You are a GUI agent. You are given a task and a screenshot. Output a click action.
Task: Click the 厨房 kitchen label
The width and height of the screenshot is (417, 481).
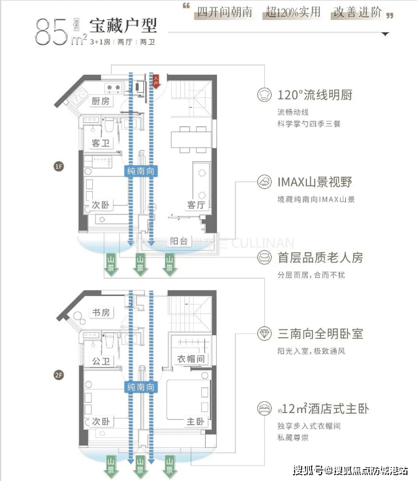tap(100, 102)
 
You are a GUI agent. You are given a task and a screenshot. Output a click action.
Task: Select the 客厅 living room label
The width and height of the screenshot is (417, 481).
tap(196, 204)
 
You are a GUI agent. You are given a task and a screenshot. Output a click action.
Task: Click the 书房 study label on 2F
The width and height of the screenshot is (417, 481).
tap(100, 313)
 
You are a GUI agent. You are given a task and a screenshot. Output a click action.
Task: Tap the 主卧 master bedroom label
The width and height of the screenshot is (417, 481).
tap(196, 422)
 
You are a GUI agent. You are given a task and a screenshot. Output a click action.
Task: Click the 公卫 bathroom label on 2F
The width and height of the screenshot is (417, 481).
tap(100, 360)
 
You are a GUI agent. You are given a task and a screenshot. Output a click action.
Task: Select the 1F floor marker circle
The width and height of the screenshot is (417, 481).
tap(59, 166)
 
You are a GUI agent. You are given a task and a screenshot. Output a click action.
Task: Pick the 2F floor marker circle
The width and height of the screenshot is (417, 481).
tap(59, 375)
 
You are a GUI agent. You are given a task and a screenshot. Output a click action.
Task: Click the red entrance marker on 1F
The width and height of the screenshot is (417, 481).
tap(156, 79)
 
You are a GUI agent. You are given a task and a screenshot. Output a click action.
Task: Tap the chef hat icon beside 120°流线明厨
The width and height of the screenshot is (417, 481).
tap(264, 95)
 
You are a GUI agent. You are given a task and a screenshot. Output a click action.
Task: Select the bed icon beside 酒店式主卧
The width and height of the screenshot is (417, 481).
tap(264, 409)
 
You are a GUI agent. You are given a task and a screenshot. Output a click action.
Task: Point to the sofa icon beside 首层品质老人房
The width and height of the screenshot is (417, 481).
tap(264, 257)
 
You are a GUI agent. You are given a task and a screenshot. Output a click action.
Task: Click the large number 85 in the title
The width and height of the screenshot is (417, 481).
tap(51, 31)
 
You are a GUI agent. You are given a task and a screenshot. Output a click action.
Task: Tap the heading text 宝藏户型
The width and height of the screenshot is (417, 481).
tap(123, 26)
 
